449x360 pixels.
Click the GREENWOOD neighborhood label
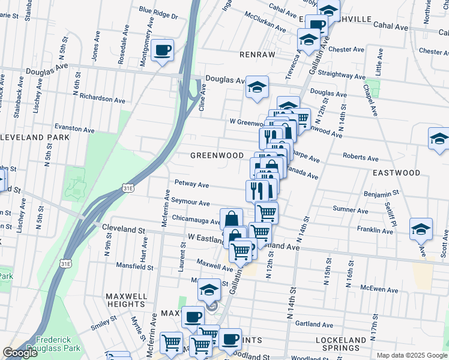point(217,155)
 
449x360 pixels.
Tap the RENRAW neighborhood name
point(257,55)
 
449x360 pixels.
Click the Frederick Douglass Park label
point(58,344)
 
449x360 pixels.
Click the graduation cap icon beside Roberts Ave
point(438,139)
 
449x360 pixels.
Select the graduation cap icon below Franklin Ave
point(420,229)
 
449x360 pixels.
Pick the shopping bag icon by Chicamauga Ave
point(231,219)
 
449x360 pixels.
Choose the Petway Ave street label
point(191,183)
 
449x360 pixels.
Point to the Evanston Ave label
point(74,129)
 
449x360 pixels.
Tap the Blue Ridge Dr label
point(158,13)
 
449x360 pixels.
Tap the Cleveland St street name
point(124,229)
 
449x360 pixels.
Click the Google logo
point(20,353)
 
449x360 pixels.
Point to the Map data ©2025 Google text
point(411,355)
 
